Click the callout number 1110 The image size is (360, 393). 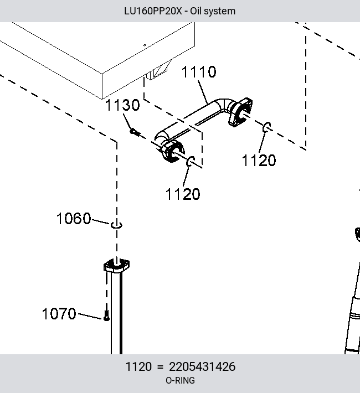click(199, 72)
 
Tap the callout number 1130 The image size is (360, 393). click(122, 105)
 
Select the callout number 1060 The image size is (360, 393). click(74, 218)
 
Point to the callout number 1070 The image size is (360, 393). click(59, 313)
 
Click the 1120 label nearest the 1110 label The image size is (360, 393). click(259, 160)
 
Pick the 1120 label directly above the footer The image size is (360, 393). click(183, 194)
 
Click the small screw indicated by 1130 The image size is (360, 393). click(135, 132)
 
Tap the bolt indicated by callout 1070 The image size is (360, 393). click(106, 316)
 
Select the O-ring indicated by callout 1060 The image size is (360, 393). click(116, 225)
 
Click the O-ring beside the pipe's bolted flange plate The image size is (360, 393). click(266, 127)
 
